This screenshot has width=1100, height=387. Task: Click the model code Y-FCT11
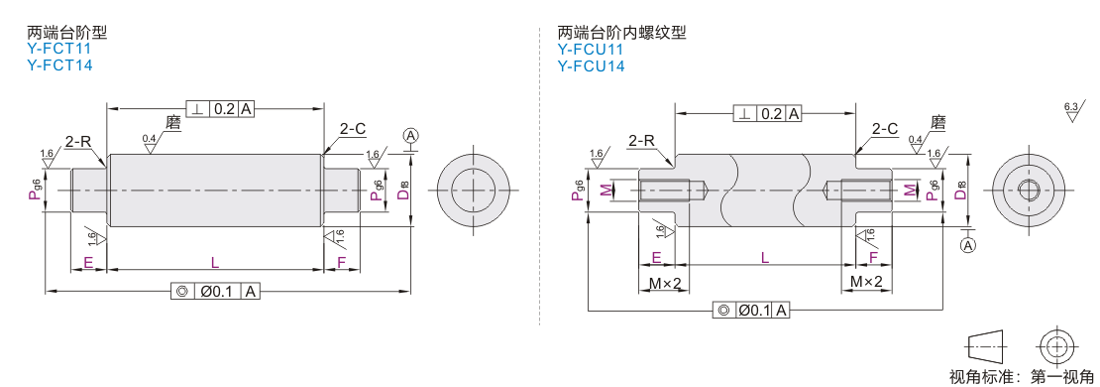(x=58, y=50)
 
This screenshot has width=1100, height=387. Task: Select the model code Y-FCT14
(x=59, y=65)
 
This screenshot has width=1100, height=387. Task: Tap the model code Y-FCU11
(x=591, y=50)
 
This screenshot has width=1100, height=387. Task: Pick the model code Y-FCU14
(x=592, y=66)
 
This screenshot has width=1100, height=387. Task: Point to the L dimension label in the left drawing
(x=215, y=262)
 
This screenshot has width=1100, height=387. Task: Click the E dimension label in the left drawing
(x=88, y=262)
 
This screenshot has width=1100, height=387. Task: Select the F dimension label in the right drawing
(x=873, y=258)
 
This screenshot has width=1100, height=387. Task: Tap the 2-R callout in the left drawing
(x=78, y=141)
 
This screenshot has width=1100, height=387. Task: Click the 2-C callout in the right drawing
(x=885, y=129)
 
